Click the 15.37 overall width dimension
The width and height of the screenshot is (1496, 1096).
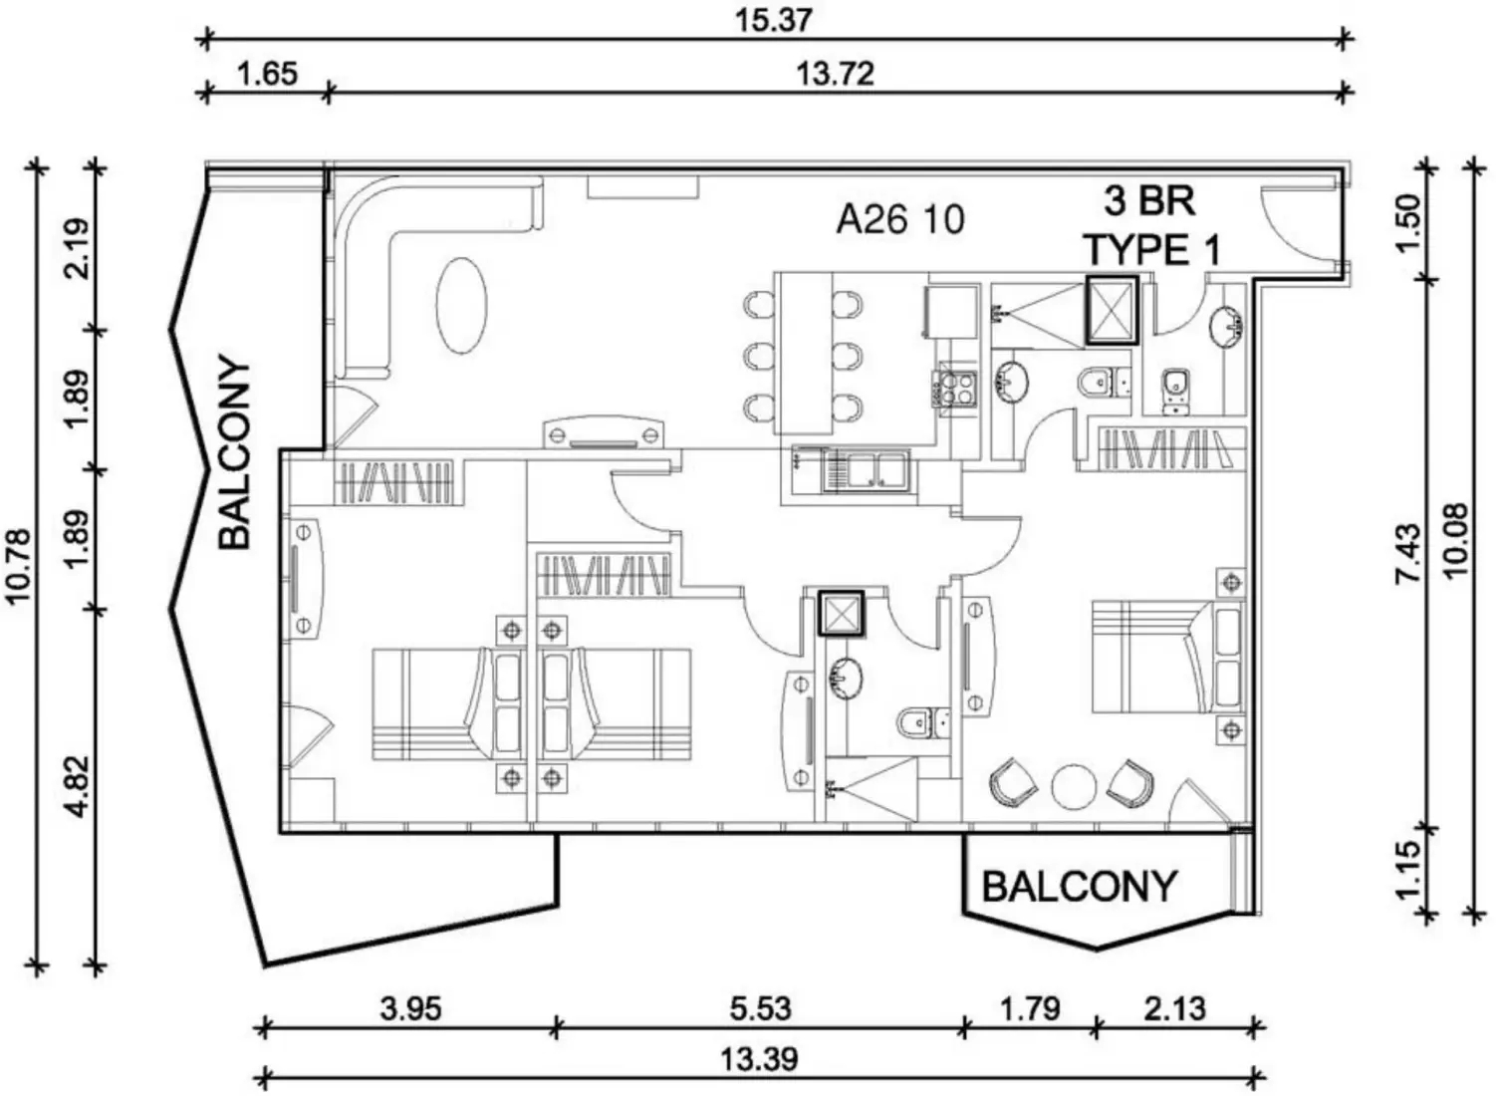pos(774,20)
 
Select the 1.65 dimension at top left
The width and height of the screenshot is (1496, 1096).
pos(267,75)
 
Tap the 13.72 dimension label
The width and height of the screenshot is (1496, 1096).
pos(835,75)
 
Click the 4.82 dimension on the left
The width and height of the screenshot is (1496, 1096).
pos(78,787)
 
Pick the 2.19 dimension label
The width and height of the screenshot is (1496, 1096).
pos(78,247)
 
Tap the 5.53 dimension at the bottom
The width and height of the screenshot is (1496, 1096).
pos(760,1008)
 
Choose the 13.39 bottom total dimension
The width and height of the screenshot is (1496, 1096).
pos(760,1058)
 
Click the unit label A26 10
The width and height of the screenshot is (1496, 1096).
pos(899,219)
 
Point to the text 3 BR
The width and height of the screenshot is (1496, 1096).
pos(1148,201)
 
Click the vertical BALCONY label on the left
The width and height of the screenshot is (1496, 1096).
pos(235,453)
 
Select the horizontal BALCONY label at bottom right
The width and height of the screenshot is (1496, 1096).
pos(1079,886)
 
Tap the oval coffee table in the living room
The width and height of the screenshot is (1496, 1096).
pos(463,305)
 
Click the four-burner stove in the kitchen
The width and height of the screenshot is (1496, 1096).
pos(957,389)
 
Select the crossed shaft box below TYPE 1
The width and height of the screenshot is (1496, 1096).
pos(1111,310)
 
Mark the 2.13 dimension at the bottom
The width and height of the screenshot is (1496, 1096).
pos(1175,1008)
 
